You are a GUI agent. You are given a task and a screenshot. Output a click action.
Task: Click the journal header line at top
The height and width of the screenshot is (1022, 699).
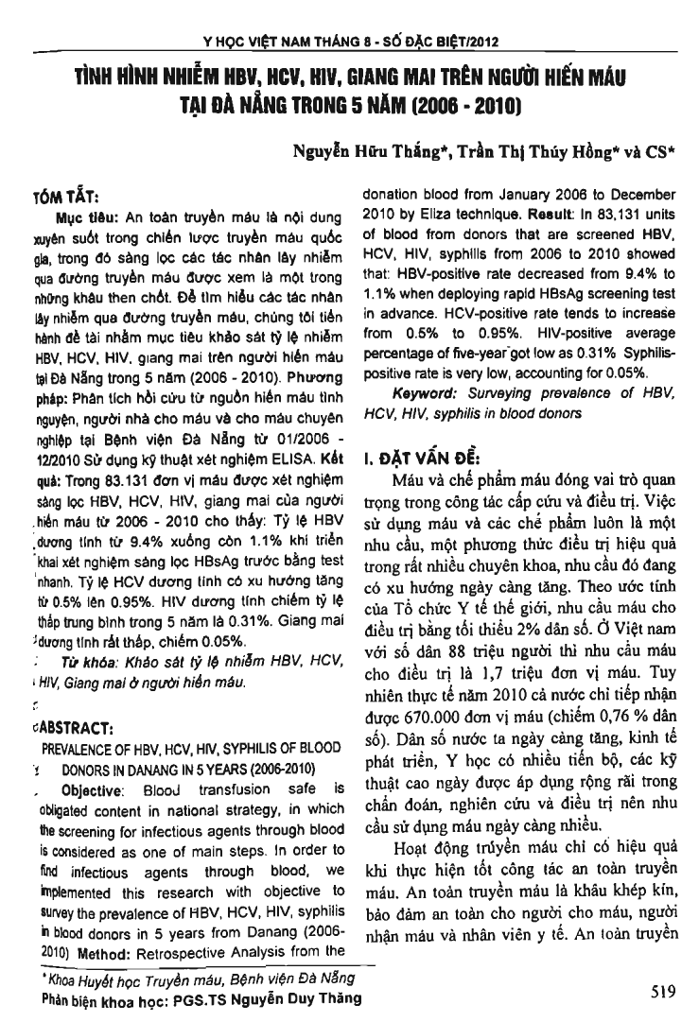(350, 41)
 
